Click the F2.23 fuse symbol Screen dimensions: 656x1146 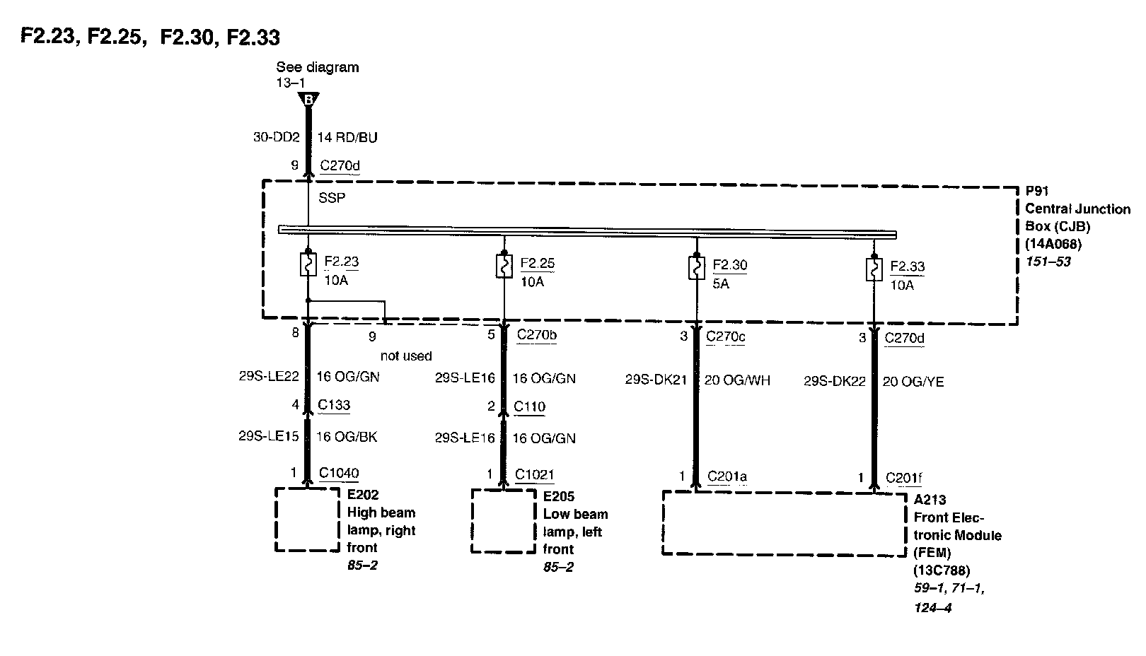308,264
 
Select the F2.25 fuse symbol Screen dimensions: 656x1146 504,266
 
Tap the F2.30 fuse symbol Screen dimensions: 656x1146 697,268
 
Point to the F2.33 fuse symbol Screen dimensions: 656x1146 874,269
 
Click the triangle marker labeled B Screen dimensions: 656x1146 308,100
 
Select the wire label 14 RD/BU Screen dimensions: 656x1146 347,137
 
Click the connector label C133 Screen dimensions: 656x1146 334,405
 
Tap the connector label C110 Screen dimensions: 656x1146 530,406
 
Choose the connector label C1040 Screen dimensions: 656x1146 339,473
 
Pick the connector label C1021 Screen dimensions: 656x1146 535,474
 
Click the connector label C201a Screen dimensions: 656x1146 727,476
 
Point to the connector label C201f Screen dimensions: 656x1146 904,478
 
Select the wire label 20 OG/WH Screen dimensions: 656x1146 737,380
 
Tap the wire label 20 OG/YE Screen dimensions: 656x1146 913,382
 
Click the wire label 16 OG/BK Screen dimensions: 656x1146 347,437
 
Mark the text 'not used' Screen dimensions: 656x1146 406,356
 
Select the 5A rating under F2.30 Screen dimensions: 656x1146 721,283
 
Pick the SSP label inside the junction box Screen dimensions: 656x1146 332,198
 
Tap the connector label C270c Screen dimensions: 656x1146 726,336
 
